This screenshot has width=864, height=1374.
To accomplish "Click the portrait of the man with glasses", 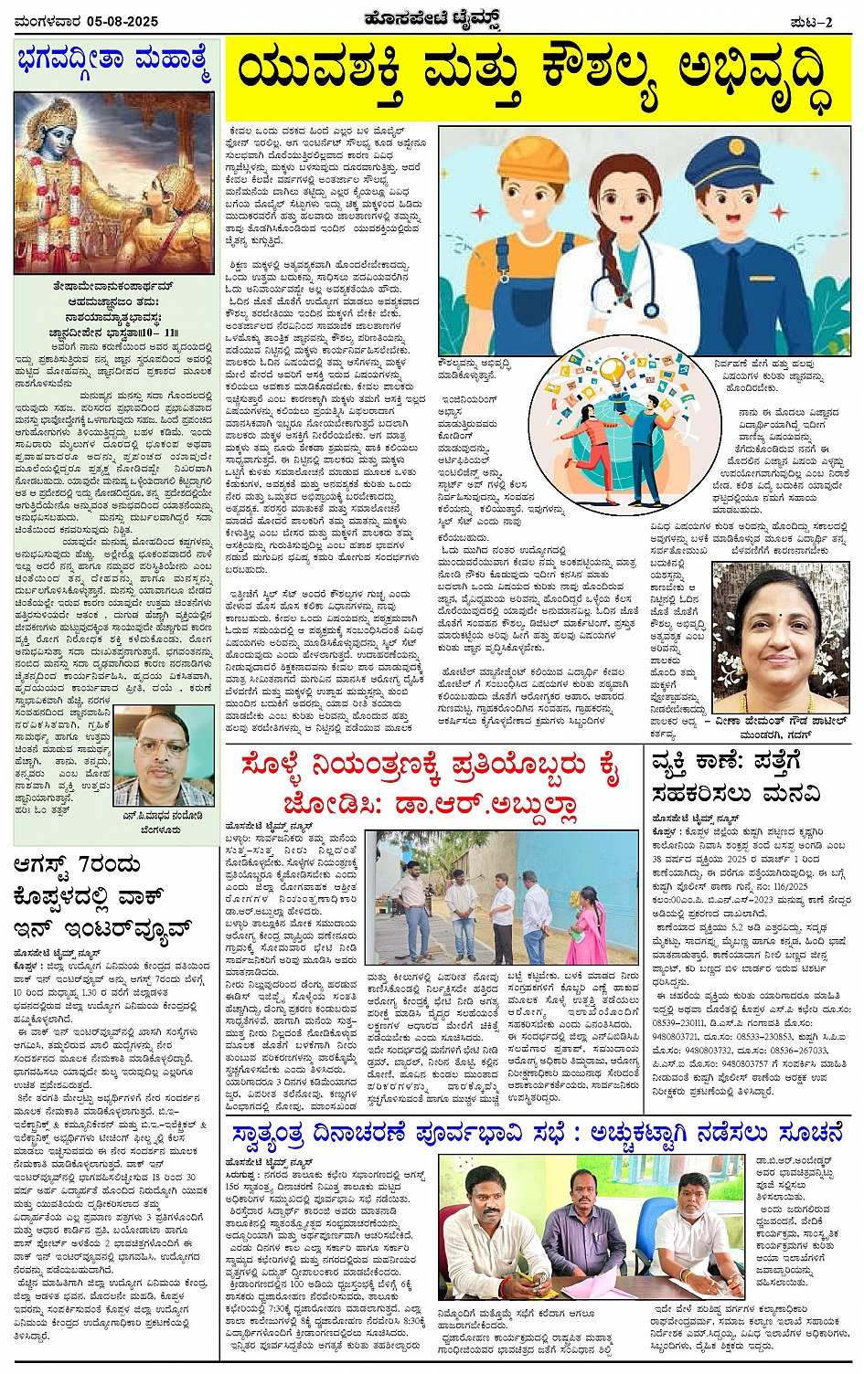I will coord(165,757).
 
